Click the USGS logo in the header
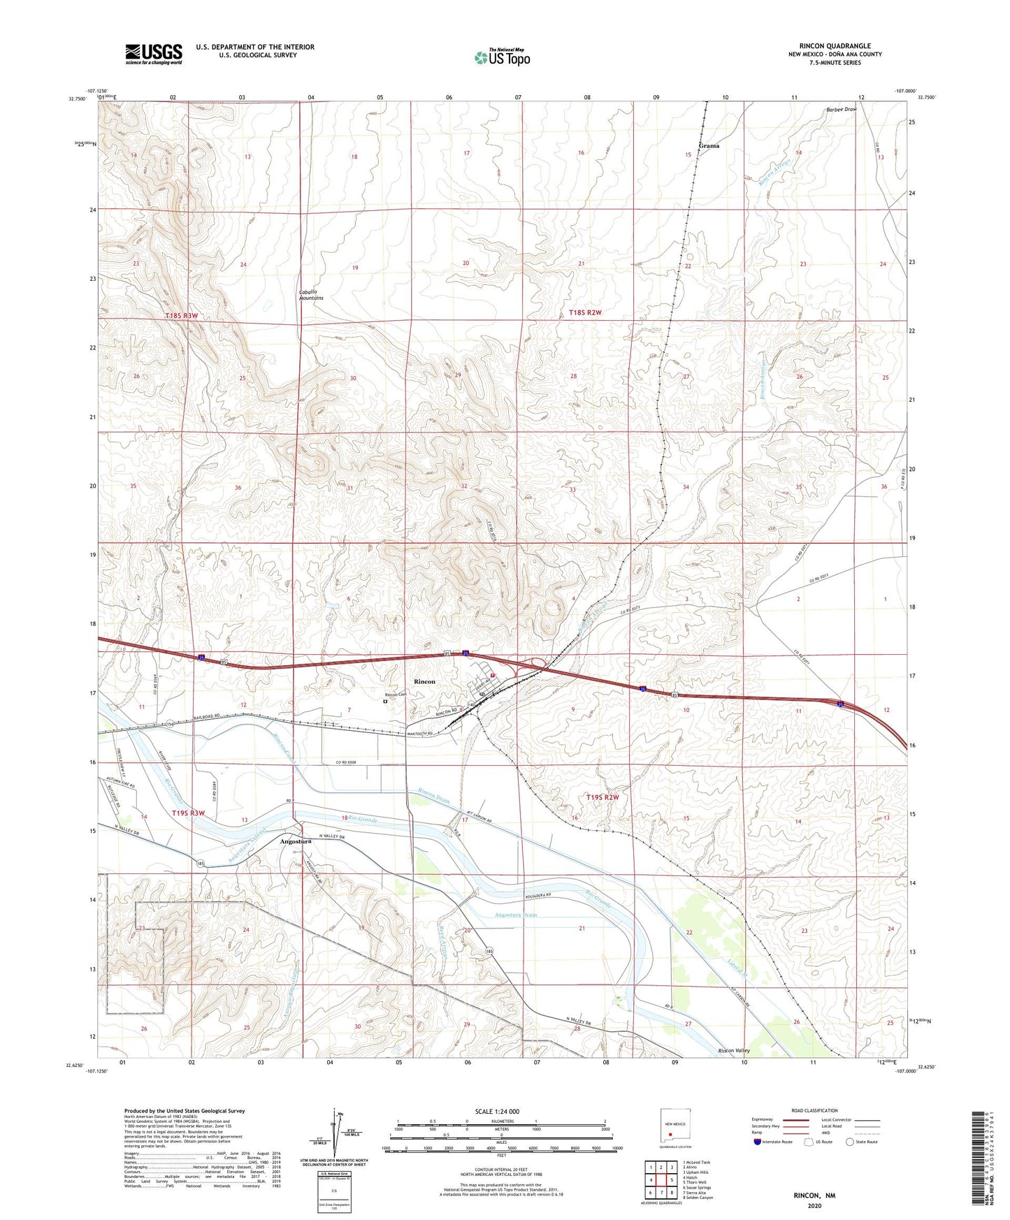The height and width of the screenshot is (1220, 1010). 153,54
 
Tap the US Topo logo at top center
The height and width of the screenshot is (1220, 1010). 502,57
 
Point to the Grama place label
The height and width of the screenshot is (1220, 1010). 708,146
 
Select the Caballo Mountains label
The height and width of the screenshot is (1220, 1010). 311,295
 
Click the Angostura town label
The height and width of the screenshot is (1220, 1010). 295,842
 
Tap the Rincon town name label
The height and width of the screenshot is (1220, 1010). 424,681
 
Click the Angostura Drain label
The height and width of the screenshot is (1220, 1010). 515,915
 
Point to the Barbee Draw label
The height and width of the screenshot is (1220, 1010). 840,110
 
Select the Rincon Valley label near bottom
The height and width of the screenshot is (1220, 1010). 733,1051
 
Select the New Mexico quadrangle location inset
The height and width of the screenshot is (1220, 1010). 674,1130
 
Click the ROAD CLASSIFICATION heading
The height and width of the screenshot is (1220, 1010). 814,1110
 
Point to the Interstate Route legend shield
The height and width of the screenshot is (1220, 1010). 758,1142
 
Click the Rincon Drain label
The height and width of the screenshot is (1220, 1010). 435,795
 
